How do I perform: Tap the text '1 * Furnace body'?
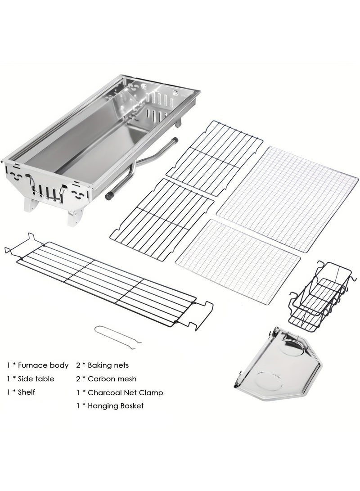[38, 365]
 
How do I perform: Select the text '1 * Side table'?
[31, 379]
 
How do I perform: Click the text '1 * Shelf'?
[21, 392]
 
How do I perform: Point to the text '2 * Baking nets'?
[103, 365]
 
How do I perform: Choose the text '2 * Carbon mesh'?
[106, 379]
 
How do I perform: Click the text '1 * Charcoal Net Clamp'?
[120, 392]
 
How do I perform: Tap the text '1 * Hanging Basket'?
[110, 406]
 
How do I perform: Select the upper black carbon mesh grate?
[214, 155]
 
